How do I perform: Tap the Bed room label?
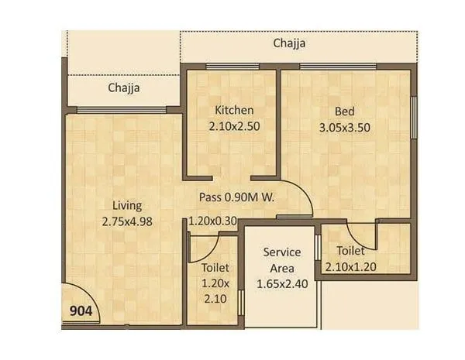tap(345, 109)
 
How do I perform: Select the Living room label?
tap(127, 205)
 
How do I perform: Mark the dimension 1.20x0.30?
tap(212, 220)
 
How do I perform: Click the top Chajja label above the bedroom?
tap(289, 43)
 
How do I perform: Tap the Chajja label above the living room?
tap(124, 87)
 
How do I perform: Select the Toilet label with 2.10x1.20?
tap(351, 251)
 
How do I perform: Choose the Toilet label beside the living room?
tap(215, 268)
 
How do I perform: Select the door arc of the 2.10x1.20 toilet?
tap(361, 235)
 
